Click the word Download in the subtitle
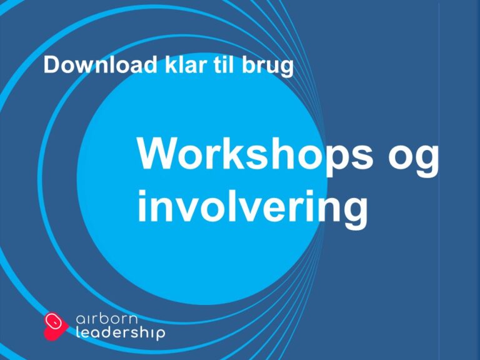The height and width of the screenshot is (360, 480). pyautogui.click(x=93, y=66)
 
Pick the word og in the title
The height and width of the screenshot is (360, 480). pyautogui.click(x=413, y=157)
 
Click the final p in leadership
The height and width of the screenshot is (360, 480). pyautogui.click(x=160, y=336)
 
